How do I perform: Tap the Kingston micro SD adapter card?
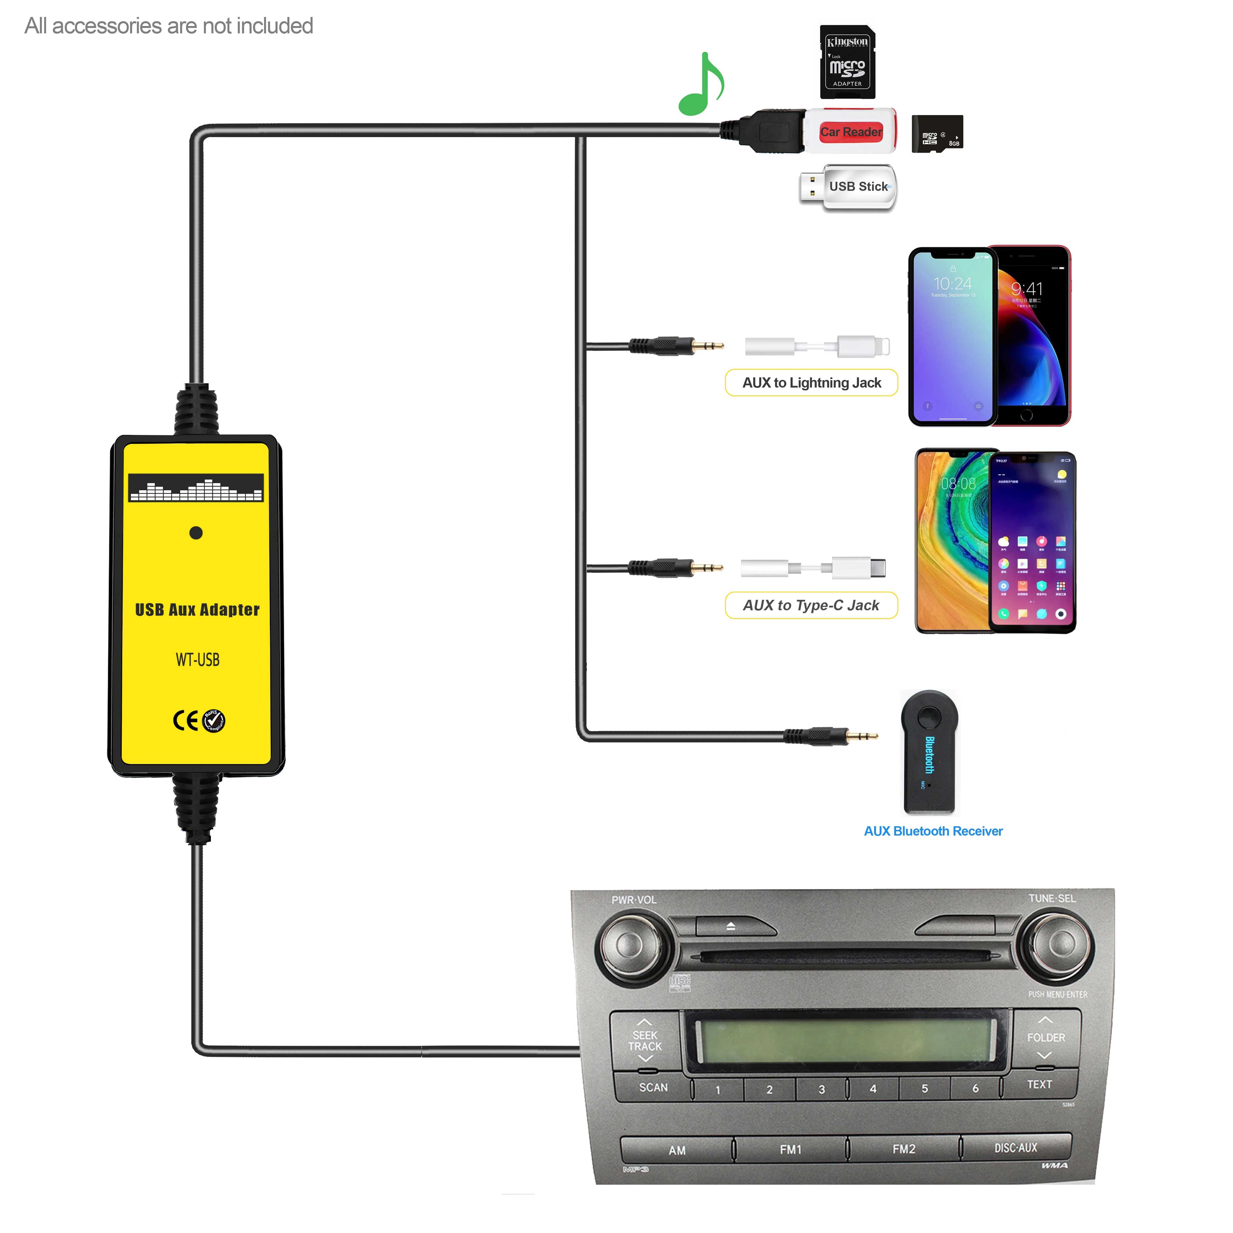847,62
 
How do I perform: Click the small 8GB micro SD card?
936,134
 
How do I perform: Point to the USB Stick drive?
849,187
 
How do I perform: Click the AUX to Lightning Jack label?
811,383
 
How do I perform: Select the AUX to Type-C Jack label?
811,605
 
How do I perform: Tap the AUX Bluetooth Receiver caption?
933,831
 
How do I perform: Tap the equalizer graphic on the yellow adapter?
196,488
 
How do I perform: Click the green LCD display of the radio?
846,1040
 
